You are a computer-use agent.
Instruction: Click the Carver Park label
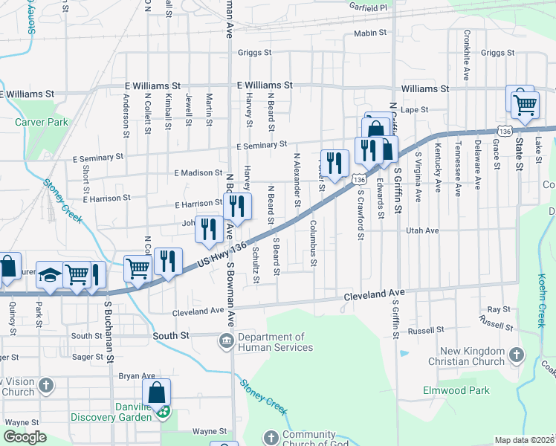click(x=41, y=122)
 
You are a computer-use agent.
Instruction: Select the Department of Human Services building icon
click(x=224, y=341)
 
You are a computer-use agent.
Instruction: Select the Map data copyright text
click(x=525, y=440)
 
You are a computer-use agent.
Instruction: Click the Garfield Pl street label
click(x=369, y=7)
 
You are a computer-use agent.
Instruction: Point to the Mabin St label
click(x=370, y=33)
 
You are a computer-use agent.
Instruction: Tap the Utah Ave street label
click(x=422, y=231)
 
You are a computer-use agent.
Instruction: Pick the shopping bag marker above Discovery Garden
click(x=157, y=392)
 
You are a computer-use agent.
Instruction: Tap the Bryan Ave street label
click(x=137, y=376)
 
